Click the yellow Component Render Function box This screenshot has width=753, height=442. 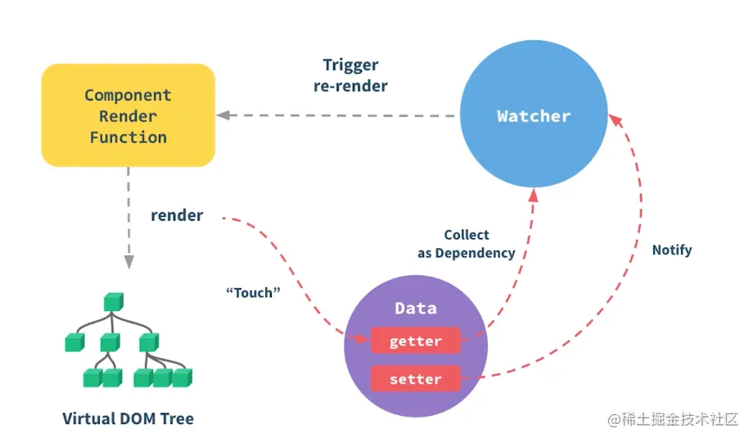128,115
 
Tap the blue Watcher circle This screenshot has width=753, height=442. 534,116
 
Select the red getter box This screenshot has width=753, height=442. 416,341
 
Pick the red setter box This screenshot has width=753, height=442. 416,379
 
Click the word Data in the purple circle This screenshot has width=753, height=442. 416,309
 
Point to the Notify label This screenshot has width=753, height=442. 672,250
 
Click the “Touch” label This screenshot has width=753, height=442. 248,291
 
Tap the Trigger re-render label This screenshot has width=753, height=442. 350,75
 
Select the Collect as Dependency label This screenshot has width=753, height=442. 467,244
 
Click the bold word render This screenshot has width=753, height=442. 177,216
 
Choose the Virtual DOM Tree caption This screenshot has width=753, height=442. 129,419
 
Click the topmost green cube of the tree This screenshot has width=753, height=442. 112,302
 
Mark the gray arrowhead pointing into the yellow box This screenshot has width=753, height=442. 223,115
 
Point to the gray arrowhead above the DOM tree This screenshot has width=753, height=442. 129,262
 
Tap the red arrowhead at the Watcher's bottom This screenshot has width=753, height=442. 534,195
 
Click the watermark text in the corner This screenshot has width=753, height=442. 672,419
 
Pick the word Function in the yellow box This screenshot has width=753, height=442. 129,138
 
